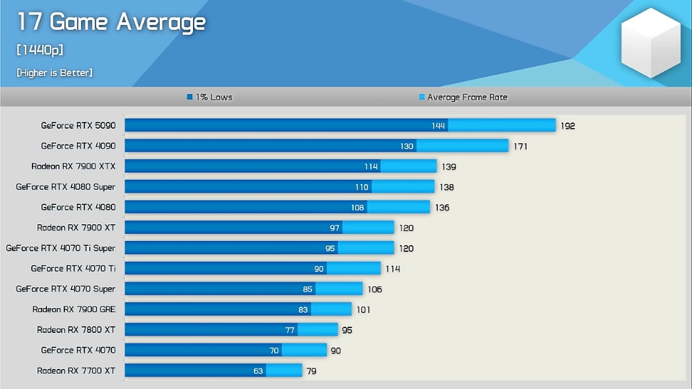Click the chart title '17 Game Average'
tap(111, 23)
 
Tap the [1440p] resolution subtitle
tap(40, 51)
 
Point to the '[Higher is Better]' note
tap(55, 73)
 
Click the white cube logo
tap(650, 43)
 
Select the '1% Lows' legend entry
tap(210, 97)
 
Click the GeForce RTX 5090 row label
tap(78, 125)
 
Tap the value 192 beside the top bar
tap(567, 126)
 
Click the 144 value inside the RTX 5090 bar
tap(437, 126)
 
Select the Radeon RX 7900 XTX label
tap(73, 166)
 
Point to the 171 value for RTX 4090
tap(520, 147)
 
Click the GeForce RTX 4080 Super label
tap(66, 187)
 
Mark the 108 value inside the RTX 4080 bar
tap(357, 208)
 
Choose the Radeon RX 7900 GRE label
tap(74, 309)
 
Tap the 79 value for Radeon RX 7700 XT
tap(311, 371)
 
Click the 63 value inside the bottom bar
tap(258, 371)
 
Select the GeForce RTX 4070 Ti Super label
tap(61, 248)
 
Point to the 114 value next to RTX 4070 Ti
tap(392, 269)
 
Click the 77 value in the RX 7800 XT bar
tap(290, 330)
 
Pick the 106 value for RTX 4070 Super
tap(374, 289)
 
